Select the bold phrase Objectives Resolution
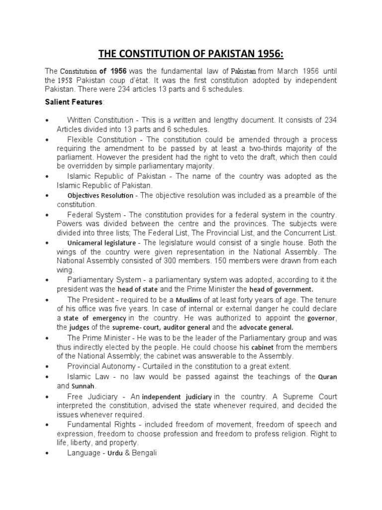100,195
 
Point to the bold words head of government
282,289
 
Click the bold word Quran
327,377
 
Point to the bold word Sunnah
83,386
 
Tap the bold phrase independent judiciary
177,397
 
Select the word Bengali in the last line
145,454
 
